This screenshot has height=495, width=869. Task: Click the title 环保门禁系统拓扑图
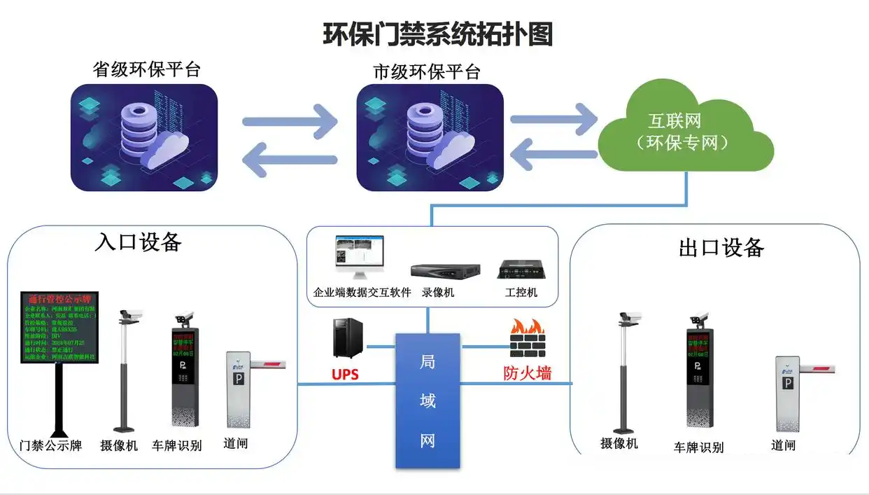[437, 34]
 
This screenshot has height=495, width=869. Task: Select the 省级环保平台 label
[147, 70]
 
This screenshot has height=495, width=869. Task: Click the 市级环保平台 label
[427, 71]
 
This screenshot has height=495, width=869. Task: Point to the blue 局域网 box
[428, 400]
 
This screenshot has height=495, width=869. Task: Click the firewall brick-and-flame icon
[527, 340]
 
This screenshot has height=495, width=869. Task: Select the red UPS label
[345, 375]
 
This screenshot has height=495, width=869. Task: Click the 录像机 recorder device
[445, 270]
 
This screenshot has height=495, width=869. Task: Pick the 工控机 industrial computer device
[521, 270]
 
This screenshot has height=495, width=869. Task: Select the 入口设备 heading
[139, 242]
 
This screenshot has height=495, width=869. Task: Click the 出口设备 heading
[721, 247]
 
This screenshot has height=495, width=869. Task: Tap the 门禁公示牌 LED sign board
[59, 328]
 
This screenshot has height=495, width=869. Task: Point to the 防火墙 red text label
[528, 373]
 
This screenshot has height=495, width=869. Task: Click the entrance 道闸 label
[236, 443]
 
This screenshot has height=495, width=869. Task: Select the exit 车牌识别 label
[699, 447]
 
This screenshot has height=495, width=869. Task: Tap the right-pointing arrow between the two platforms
[290, 122]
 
